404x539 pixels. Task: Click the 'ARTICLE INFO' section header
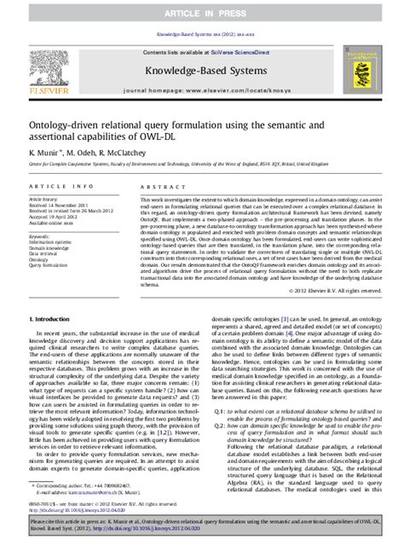coord(54,186)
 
